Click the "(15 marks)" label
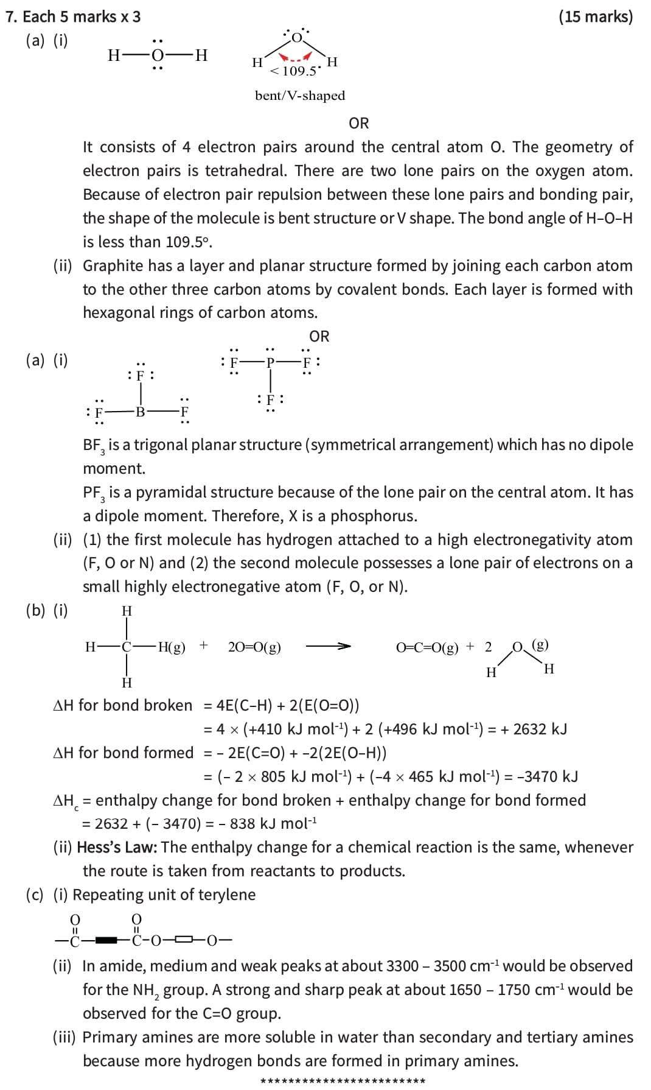[595, 16]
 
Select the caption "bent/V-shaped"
[300, 96]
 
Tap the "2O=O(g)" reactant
[254, 647]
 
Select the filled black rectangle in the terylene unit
[107, 941]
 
